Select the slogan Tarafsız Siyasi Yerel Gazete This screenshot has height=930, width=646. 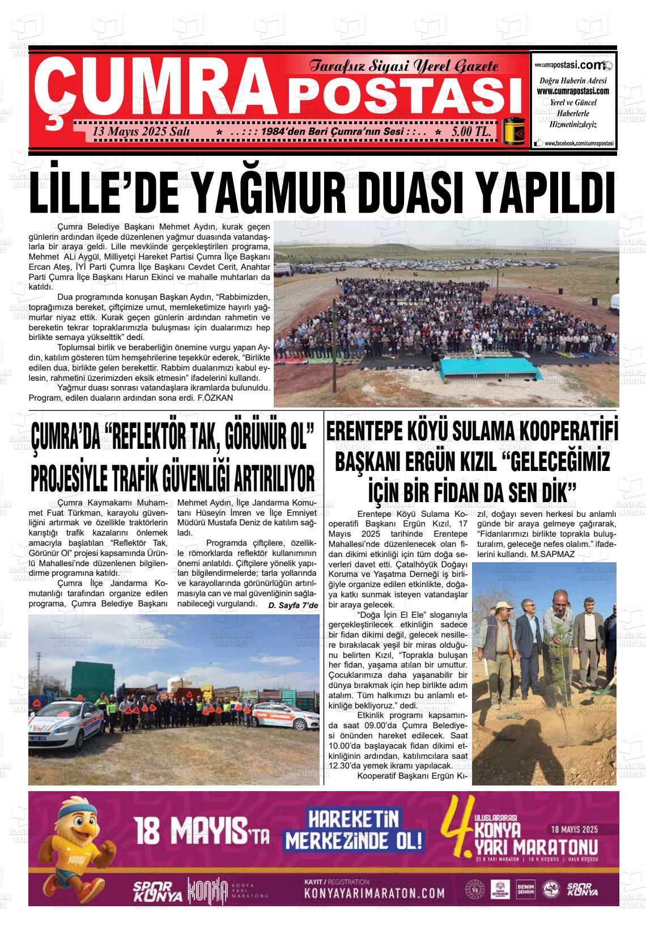(403, 67)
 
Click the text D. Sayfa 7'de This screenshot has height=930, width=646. (294, 606)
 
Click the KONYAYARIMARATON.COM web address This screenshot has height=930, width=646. (374, 893)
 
